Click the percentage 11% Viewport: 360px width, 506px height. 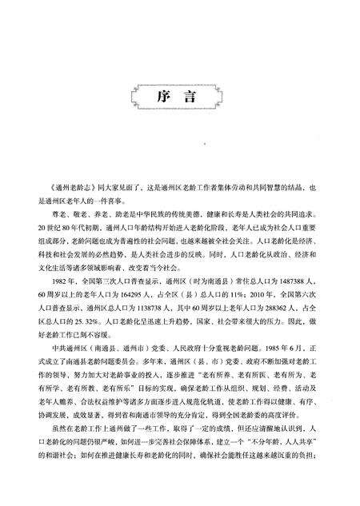[238, 293]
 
